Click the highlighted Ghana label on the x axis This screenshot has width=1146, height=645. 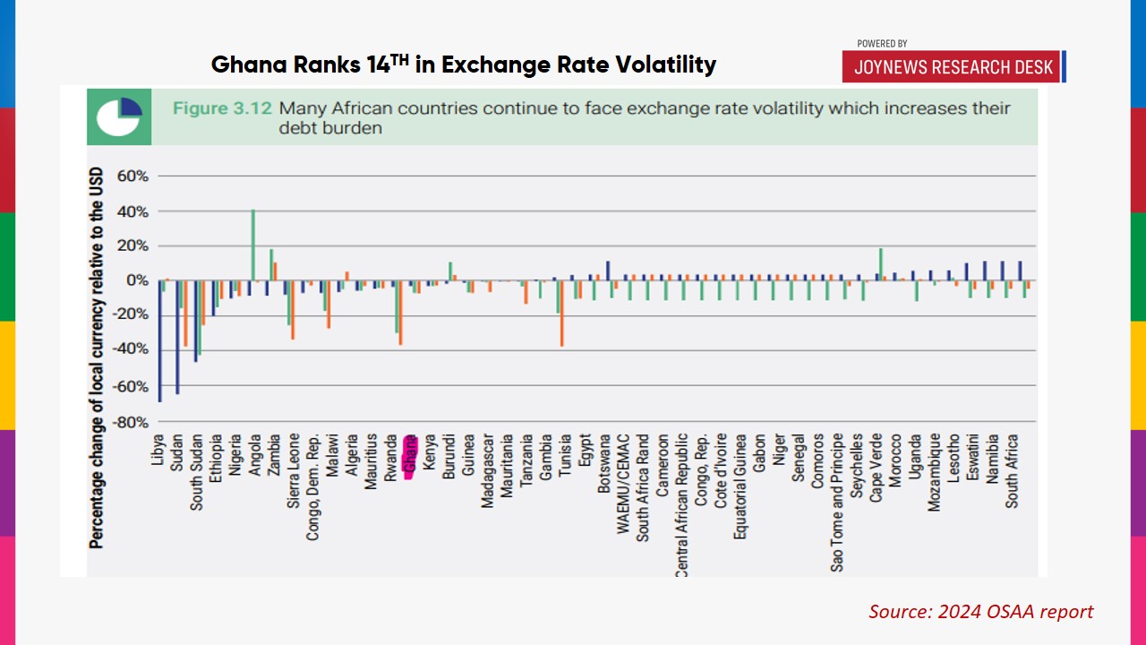pos(410,457)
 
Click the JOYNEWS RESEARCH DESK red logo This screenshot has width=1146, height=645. pos(951,67)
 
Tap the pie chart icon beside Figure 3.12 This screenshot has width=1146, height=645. pos(119,116)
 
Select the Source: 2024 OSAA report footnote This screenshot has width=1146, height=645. pos(980,612)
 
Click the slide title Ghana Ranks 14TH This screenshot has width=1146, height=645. pos(464,64)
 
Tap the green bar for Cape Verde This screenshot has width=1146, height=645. pos(881,264)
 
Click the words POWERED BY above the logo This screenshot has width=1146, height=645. pos(882,43)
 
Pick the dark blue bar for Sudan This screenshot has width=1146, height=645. pos(177,337)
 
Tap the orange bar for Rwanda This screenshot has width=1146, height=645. pos(400,313)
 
